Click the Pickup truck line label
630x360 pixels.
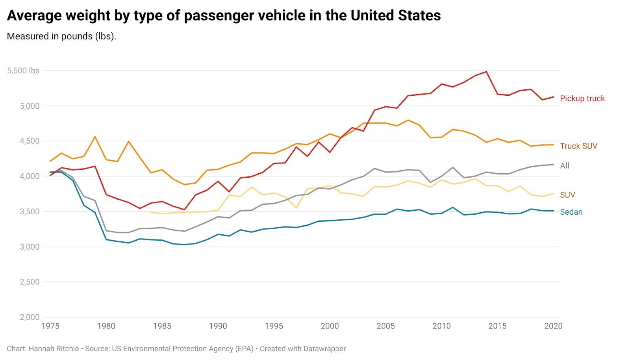coord(582,98)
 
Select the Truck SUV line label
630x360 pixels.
coord(578,146)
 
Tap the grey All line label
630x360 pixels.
coord(565,166)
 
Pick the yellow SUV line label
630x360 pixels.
coord(567,195)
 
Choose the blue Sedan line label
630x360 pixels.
coord(571,212)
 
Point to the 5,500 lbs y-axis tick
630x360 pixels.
coord(23,71)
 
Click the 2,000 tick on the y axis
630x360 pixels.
coord(30,317)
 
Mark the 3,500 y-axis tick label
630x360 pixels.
coord(30,212)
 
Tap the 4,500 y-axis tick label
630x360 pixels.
coord(30,141)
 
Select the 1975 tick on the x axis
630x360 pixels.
coord(50,326)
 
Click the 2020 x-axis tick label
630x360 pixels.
coord(553,326)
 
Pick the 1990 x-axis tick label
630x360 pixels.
coord(218,326)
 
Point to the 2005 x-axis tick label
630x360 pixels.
coord(385,326)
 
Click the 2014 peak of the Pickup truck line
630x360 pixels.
coord(487,72)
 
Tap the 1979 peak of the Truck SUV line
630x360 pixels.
coord(95,137)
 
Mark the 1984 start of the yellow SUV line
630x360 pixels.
coord(151,212)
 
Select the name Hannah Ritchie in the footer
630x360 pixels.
coord(54,349)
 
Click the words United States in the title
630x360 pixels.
coord(395,15)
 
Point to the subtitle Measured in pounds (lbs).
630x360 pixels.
coord(61,36)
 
